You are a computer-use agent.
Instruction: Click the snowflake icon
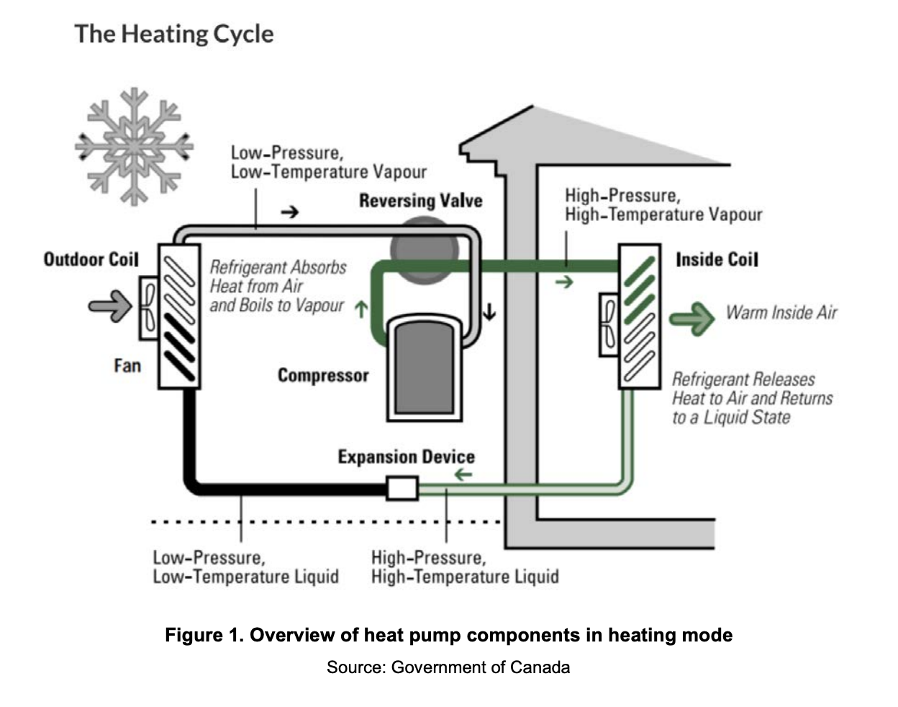(x=134, y=146)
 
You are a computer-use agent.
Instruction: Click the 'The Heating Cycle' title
(x=173, y=34)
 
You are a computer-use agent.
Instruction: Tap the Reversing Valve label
(x=420, y=201)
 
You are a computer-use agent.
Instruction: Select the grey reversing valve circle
(x=425, y=248)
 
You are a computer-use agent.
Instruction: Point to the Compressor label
(x=323, y=375)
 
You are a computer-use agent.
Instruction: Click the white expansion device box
(x=402, y=488)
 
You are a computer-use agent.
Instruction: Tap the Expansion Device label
(x=406, y=457)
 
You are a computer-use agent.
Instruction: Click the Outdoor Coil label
(x=91, y=259)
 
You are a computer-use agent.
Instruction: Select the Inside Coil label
(x=717, y=259)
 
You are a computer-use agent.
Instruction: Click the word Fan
(x=127, y=366)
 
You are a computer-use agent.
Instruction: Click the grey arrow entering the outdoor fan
(x=110, y=305)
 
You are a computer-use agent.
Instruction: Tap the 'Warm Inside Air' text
(x=781, y=312)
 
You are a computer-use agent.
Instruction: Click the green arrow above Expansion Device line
(x=463, y=474)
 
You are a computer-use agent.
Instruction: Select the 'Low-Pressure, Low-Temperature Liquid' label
(x=245, y=567)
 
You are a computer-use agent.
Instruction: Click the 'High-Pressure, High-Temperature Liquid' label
(x=465, y=567)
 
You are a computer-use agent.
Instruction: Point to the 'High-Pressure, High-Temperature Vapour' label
(x=663, y=205)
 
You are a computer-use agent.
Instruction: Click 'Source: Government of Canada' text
(x=448, y=667)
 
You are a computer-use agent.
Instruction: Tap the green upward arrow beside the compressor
(x=361, y=309)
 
